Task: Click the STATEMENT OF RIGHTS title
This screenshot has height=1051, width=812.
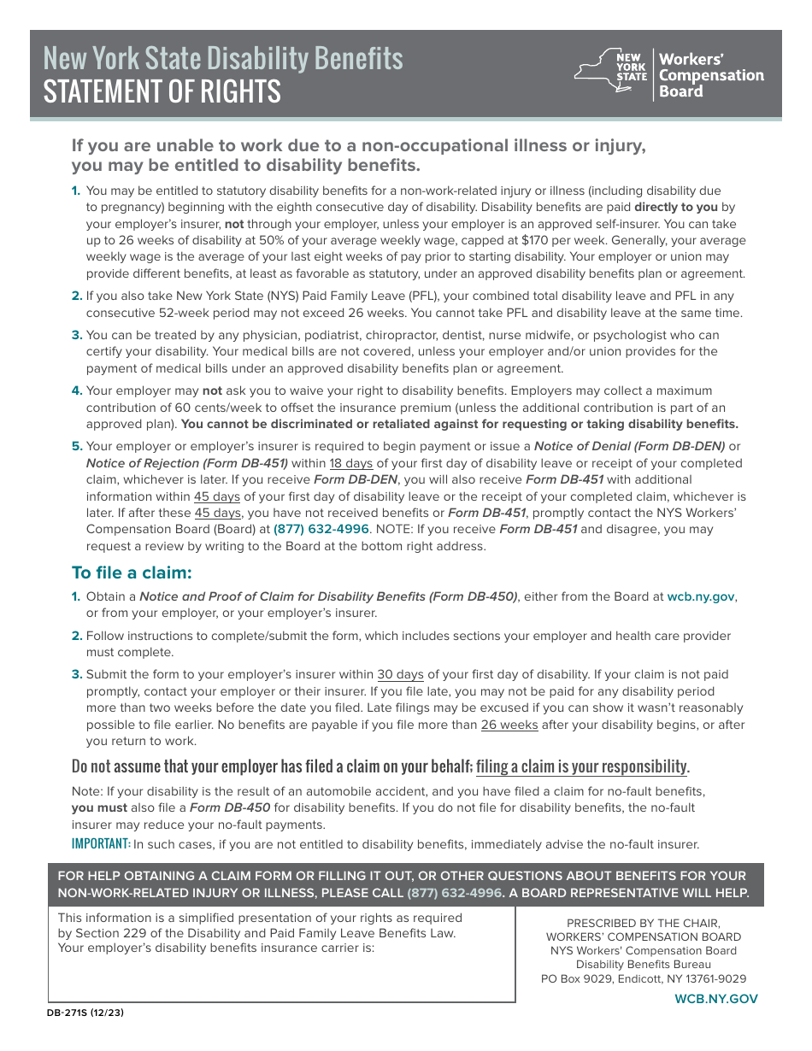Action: coord(162,91)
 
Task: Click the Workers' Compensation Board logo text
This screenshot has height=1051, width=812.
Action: coord(710,75)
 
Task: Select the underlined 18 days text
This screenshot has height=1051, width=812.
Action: coord(350,463)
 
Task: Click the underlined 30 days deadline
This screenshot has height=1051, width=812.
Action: coord(400,674)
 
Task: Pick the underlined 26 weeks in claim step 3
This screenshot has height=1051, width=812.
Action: coord(509,725)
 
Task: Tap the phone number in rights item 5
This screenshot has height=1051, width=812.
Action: coord(321,529)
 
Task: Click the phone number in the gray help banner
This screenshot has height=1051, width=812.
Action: coord(454,893)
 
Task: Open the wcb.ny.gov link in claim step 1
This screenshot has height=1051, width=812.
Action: coord(700,596)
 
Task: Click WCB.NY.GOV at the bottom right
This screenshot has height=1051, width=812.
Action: coord(716,999)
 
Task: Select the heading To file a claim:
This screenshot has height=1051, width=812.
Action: coord(132,572)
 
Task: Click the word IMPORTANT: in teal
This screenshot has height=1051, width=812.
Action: coord(101,844)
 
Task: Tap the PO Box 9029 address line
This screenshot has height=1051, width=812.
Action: coord(643,978)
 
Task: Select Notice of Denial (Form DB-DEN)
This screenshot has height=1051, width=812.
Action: coord(629,446)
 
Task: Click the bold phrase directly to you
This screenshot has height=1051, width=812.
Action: coord(675,207)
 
